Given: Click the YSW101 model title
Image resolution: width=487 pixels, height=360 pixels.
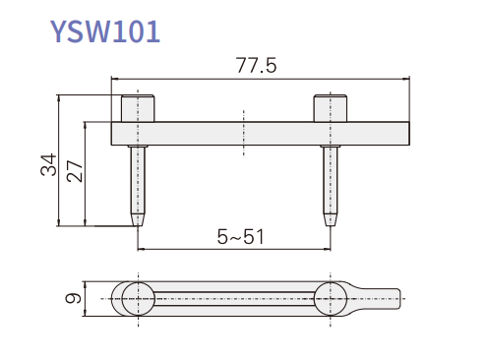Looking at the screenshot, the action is [105, 31].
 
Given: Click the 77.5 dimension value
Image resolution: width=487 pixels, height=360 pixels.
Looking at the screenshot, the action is [256, 65].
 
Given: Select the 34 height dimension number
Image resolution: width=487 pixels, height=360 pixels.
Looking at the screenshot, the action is [48, 164].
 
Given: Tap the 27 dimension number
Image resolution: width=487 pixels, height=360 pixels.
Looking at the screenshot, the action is [75, 171].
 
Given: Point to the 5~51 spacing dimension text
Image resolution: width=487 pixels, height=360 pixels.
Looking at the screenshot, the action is [240, 236].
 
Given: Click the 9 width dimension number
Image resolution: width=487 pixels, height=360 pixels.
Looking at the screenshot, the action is [73, 298].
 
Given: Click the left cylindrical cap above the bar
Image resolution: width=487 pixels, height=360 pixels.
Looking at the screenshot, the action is [138, 108].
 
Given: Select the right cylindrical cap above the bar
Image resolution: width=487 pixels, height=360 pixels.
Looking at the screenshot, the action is [331, 108].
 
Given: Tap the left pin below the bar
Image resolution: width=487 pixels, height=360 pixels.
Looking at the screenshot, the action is [138, 186].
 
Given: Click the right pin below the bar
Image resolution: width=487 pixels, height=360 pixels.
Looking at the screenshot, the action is [331, 186].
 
